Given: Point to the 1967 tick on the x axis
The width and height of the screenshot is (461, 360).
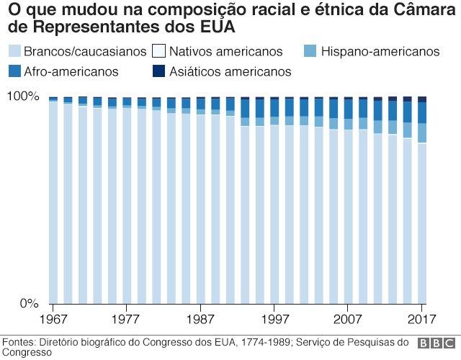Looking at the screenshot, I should [x=53, y=318].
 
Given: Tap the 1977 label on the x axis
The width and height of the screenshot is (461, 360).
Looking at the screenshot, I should [x=127, y=318].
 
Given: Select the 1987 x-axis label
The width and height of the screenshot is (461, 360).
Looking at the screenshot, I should [x=201, y=318].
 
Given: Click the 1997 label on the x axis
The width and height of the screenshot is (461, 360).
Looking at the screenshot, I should [x=274, y=318].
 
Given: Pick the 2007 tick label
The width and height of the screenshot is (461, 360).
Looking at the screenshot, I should [x=349, y=318].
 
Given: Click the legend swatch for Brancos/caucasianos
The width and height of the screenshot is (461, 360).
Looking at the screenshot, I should [x=14, y=51].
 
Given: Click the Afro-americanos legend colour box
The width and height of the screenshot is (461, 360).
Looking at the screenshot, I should [x=14, y=71].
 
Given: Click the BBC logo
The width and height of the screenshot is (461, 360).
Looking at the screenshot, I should [x=435, y=344].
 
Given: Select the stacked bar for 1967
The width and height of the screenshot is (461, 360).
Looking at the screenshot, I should [x=53, y=202].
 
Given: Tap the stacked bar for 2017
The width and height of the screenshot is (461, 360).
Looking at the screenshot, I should [x=422, y=202].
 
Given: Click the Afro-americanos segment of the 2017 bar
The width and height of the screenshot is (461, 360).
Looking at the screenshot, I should [x=422, y=112].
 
